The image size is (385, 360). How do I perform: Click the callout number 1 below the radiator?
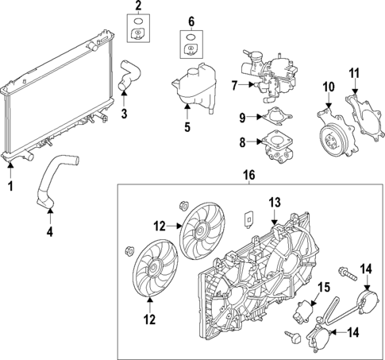(x=11, y=187)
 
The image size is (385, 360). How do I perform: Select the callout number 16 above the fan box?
(x=248, y=173)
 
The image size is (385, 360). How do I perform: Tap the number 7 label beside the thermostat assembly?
(x=235, y=84)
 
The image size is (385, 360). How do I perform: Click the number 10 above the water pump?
(x=328, y=86)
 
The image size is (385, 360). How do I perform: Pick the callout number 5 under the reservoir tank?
(x=188, y=126)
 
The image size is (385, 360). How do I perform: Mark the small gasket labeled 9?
(x=275, y=119)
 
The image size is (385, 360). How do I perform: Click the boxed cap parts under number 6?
(x=191, y=45)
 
